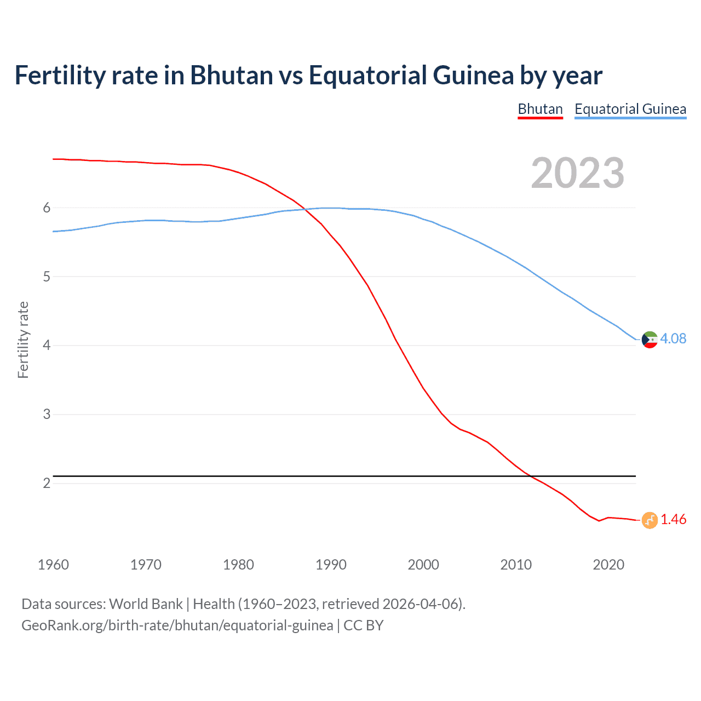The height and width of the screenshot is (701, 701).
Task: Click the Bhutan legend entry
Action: click(540, 109)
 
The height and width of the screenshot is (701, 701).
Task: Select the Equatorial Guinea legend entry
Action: click(630, 109)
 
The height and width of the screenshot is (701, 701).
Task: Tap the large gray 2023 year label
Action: click(577, 173)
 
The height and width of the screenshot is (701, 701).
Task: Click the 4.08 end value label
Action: click(673, 338)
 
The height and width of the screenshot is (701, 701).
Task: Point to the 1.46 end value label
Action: click(673, 519)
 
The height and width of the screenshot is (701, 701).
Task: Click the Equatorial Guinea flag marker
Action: click(650, 340)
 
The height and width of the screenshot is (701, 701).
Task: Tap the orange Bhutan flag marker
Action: click(650, 520)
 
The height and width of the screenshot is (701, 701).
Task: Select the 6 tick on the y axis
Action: click(47, 208)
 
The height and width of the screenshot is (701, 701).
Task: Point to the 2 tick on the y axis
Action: click(47, 483)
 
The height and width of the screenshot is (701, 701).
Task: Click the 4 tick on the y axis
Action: click(47, 346)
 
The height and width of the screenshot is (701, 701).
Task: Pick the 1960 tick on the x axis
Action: click(53, 565)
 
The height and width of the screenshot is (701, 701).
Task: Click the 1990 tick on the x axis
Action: click(331, 565)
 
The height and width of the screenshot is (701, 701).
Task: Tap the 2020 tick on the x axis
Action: click(608, 565)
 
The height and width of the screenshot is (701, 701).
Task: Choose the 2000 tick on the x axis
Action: click(423, 565)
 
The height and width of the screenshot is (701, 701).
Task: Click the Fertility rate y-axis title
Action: click(23, 340)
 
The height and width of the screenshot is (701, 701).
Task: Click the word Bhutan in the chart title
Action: click(231, 76)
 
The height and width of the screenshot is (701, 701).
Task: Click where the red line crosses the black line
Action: click(531, 476)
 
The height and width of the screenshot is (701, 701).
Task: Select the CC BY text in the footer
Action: click(364, 625)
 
